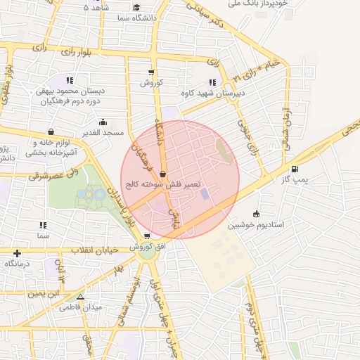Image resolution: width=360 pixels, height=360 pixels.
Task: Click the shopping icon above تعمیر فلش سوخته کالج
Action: click(163, 174)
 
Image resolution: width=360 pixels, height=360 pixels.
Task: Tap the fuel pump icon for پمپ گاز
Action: click(294, 169)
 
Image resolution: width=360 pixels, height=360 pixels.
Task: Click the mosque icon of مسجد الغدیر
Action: click(103, 122)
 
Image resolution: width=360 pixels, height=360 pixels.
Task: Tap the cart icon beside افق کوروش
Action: click(146, 237)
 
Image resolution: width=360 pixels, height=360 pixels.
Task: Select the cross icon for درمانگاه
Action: click(17, 252)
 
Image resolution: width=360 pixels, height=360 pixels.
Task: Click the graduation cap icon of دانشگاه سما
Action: click(136, 8)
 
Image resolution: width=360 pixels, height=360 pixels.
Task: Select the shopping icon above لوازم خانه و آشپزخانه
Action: click(51, 131)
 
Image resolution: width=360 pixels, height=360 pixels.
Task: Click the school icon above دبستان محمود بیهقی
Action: click(70, 80)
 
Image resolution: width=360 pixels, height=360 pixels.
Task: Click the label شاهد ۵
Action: click(96, 8)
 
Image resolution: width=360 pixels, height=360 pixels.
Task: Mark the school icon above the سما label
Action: click(43, 226)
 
